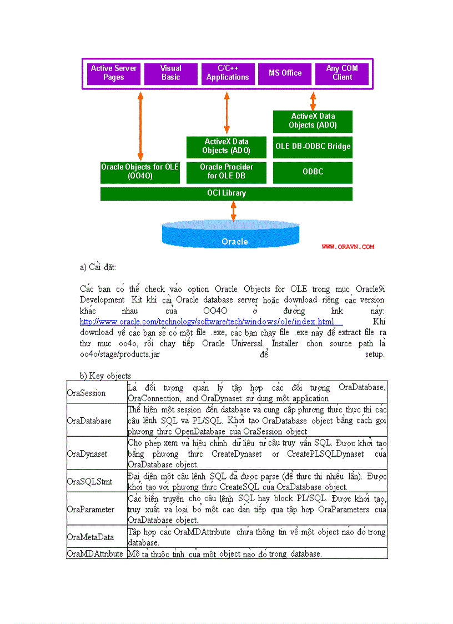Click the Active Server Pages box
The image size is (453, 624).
point(114,73)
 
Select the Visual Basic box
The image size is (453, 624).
point(170,73)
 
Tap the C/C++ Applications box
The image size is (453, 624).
point(228,73)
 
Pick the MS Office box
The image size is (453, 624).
point(285,73)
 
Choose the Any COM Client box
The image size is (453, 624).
point(342,73)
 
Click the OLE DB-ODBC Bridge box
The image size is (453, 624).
point(313,146)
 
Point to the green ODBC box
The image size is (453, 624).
point(313,172)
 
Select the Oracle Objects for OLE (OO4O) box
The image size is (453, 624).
point(140,172)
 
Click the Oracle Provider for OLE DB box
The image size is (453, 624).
point(226,172)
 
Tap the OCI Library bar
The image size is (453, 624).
point(226,193)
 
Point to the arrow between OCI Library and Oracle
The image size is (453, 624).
point(234,211)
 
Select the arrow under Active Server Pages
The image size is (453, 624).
point(140,125)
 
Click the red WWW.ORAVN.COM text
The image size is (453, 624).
point(348,247)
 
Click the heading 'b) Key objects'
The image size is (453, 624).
point(105,376)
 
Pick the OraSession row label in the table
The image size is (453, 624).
point(86,393)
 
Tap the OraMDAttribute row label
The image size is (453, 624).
point(95,553)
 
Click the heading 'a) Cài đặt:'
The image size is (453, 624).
point(98,267)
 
